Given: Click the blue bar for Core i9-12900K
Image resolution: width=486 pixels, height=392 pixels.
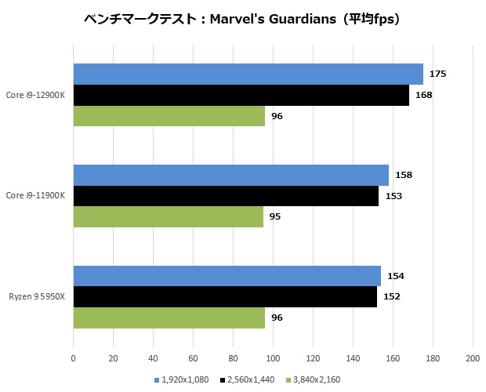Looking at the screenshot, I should point(248,74).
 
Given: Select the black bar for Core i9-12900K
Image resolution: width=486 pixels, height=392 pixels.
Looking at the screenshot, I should point(241,95).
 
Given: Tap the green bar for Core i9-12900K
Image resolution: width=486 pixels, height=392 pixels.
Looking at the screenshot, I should point(169,116).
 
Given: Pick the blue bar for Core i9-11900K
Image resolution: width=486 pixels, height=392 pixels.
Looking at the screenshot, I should point(230,175).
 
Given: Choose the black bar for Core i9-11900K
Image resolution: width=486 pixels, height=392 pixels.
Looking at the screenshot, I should point(226,196).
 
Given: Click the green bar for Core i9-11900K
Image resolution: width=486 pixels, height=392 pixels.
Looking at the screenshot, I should point(168,216).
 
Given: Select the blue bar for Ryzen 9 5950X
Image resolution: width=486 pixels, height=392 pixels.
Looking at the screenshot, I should point(227,276).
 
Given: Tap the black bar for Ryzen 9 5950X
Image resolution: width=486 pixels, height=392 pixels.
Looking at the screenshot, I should point(225,296).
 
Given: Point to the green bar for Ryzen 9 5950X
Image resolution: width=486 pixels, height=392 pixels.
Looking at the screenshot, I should point(169,318).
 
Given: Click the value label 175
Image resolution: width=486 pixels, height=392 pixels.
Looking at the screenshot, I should point(437,74).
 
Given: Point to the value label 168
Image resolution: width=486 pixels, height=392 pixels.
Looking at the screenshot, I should point(423,95).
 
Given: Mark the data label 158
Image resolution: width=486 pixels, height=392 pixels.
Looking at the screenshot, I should point(404,175).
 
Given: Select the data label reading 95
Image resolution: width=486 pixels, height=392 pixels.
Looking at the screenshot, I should point(275,216).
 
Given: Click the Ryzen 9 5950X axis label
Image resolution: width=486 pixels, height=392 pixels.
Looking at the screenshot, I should point(37,296).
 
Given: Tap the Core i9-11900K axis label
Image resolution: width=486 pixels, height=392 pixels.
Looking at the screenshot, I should point(35,195).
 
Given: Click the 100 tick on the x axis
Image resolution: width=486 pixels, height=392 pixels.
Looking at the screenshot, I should point(273,358).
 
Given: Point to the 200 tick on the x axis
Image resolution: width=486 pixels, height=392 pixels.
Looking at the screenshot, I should point(472,358).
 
